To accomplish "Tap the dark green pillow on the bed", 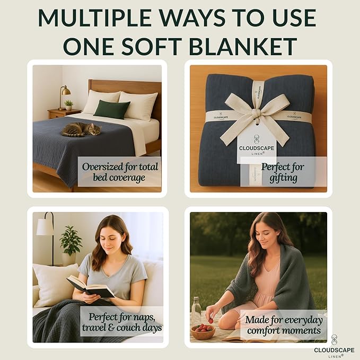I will click(111, 109).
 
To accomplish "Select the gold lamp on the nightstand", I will click(64, 96).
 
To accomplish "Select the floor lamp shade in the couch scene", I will click(46, 227).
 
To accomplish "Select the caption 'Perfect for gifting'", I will click(283, 172).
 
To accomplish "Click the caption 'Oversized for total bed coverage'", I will click(120, 172).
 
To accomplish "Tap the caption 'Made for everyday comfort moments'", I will click(283, 325).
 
